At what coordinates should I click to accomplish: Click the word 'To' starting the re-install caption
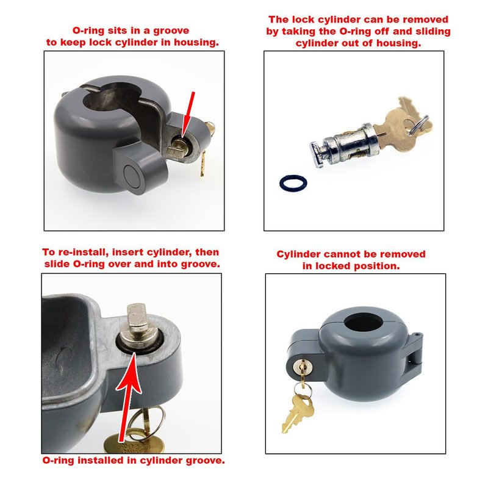coord(48,252)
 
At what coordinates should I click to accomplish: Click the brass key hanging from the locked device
coord(298,412)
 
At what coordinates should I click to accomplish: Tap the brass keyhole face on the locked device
coord(302,367)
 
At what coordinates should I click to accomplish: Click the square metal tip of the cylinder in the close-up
coord(137,317)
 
